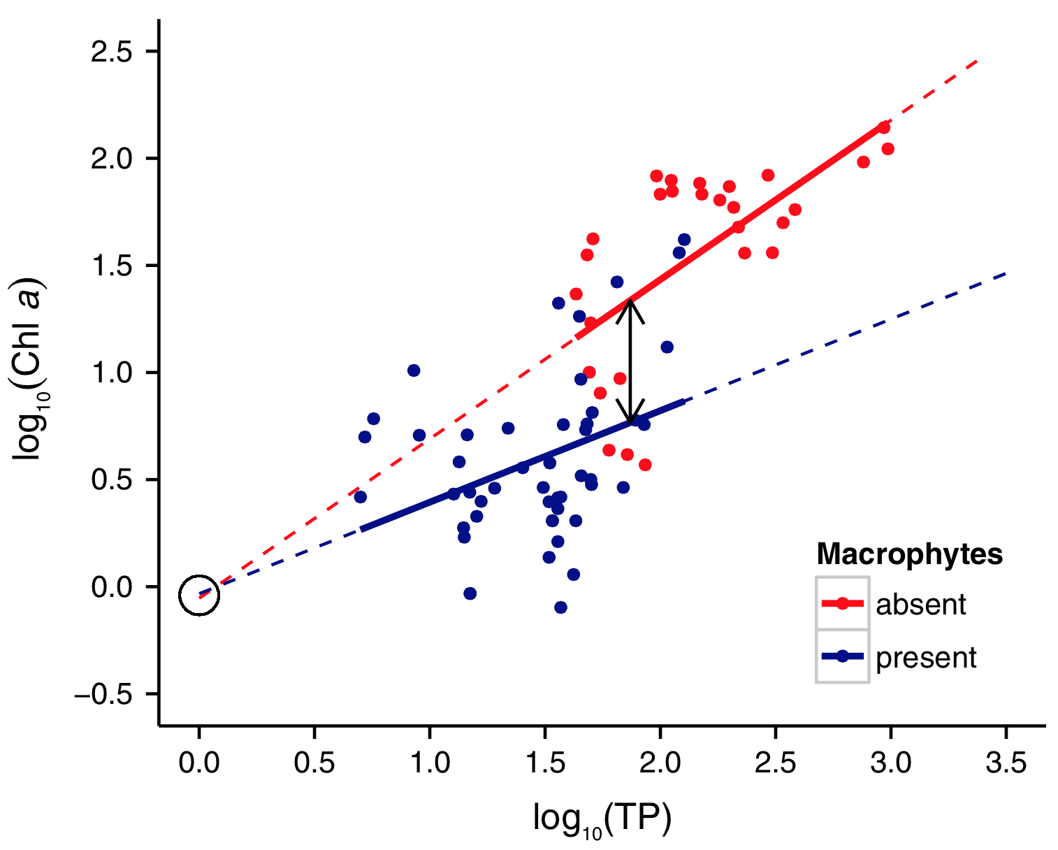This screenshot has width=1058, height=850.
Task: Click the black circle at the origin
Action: (199, 596)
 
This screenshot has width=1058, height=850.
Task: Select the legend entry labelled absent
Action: (920, 605)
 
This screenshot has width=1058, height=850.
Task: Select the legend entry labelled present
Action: (925, 658)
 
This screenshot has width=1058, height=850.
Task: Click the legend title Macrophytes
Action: (909, 554)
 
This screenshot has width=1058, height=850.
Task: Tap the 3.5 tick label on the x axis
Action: (1006, 763)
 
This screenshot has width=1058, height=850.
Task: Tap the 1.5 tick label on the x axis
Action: (545, 763)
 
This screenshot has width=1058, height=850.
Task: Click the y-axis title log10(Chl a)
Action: (29, 370)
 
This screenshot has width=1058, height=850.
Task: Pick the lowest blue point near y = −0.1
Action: (560, 607)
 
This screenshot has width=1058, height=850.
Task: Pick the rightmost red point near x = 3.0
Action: (888, 149)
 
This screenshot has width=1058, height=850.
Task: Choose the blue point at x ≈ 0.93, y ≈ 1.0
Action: (414, 370)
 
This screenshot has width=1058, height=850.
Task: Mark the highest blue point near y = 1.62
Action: (684, 240)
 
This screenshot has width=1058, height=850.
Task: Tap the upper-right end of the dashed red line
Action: (976, 62)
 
